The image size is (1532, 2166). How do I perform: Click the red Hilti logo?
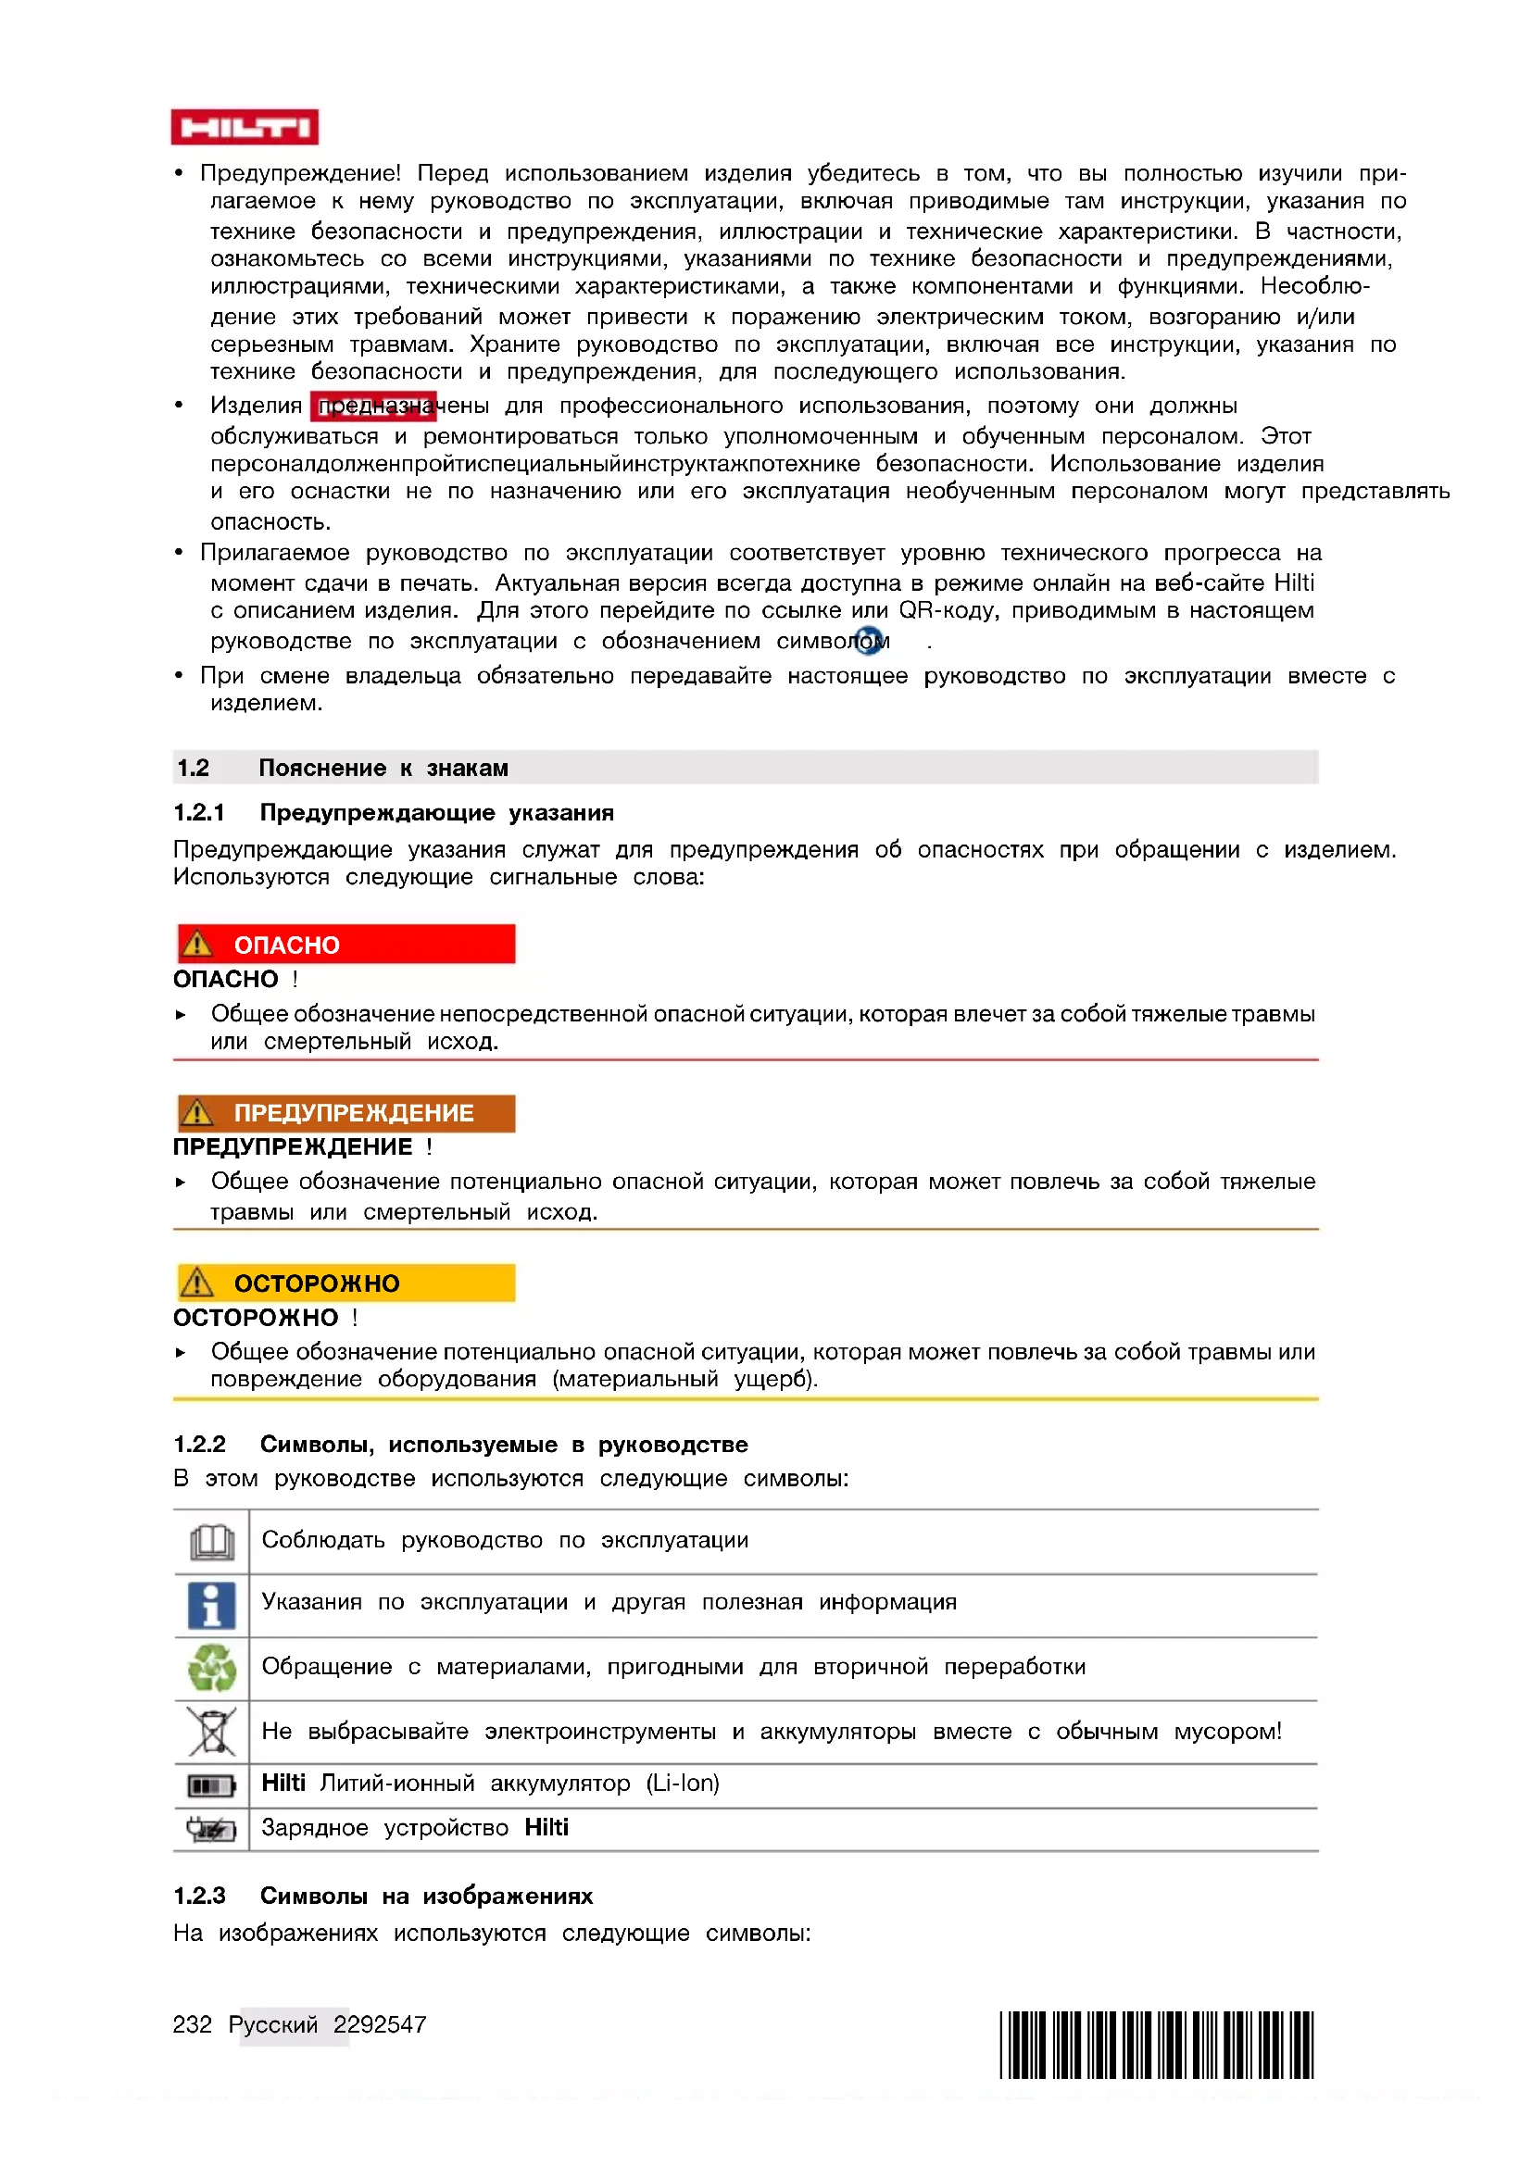coord(245,128)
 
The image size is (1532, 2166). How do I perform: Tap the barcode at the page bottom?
coord(1156,2045)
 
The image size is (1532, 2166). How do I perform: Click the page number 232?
coord(193,2024)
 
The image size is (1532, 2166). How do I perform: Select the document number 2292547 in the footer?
coord(379,2024)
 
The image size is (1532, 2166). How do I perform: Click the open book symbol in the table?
coord(212,1542)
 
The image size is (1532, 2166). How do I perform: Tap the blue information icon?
coord(211,1605)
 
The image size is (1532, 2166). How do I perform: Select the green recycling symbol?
coord(212,1668)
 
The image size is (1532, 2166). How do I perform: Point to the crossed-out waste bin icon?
coord(212,1732)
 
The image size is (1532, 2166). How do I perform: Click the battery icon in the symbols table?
coord(211,1784)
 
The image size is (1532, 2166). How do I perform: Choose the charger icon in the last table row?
coord(211,1829)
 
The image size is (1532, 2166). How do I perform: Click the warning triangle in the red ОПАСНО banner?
coord(197,944)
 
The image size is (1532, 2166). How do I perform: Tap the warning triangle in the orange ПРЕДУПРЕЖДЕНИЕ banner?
coord(197,1112)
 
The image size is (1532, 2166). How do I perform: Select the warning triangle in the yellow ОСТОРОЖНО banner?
coord(197,1282)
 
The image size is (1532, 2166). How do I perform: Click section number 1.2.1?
coord(199,813)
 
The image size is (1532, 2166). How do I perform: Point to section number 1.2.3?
coord(199,1897)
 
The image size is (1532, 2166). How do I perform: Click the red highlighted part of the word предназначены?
coord(373,407)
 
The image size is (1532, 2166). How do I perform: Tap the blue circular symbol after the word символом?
coord(869,642)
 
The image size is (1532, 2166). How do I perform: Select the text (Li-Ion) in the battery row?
coord(682,1784)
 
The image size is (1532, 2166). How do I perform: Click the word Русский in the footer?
coord(272,2024)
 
